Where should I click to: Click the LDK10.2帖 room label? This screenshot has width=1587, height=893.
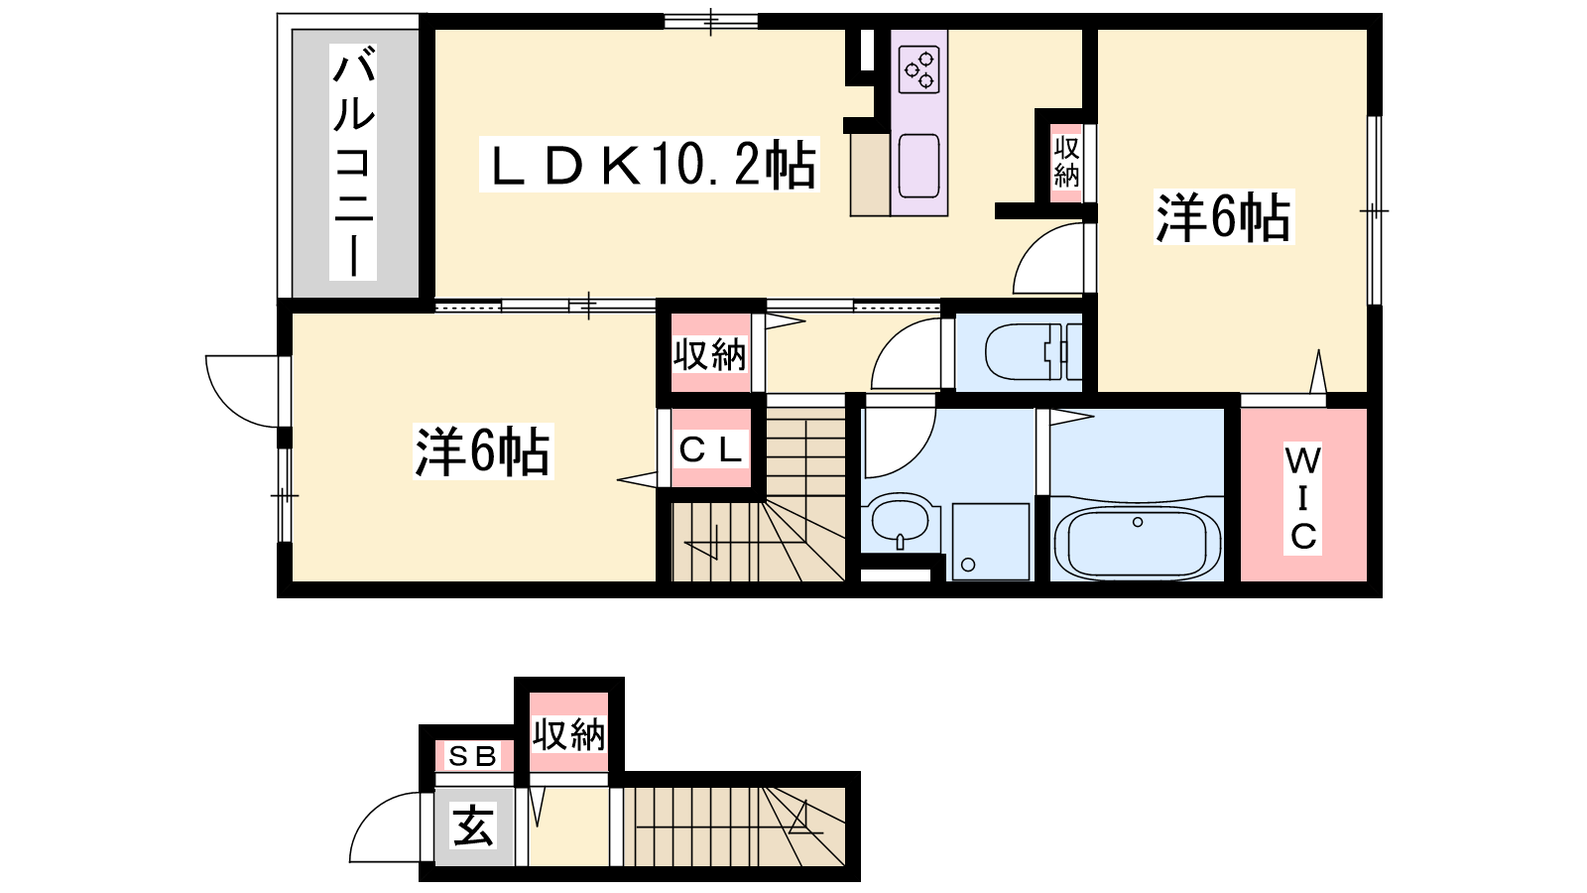650,165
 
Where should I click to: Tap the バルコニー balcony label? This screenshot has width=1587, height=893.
353,163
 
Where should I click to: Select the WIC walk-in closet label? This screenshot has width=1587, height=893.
1303,499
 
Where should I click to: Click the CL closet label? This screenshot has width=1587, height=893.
710,448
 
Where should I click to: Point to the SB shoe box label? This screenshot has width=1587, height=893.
472,757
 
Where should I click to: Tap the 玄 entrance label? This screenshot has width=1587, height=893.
473,826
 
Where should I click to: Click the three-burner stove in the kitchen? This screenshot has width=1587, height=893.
918,69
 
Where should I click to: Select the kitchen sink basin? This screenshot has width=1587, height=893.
918,167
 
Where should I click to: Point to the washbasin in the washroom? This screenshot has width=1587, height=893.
900,520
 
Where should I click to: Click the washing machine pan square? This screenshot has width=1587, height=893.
991,542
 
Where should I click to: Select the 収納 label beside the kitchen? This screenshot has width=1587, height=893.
1065,163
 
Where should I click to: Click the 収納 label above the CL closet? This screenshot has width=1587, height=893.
710,354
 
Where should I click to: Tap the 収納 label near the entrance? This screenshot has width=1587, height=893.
569,734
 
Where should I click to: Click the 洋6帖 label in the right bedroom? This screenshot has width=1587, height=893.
1224,217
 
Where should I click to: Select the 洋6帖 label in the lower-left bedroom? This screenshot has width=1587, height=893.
483,451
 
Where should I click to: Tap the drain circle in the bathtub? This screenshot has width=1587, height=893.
1138,522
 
